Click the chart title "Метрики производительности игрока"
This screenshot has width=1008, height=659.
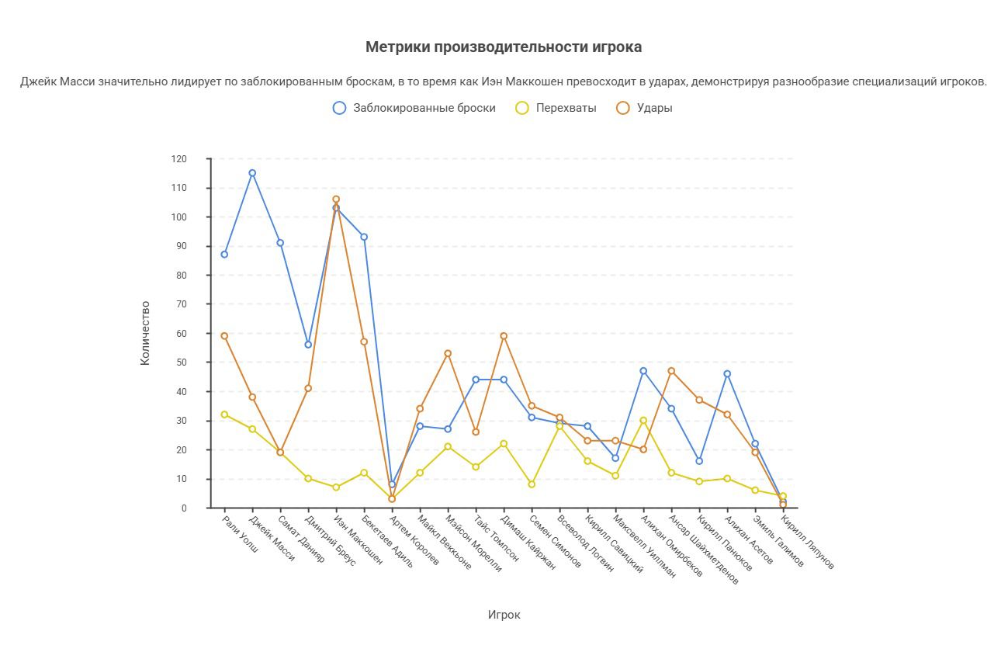pyautogui.click(x=504, y=47)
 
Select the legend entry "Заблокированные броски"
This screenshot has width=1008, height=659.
pyautogui.click(x=424, y=108)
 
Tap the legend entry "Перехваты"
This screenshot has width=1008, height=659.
pyautogui.click(x=566, y=108)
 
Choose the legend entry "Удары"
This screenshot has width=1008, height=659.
pyautogui.click(x=654, y=108)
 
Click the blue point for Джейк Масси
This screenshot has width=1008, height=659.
pyautogui.click(x=252, y=173)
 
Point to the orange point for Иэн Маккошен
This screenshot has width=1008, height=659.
pyautogui.click(x=336, y=199)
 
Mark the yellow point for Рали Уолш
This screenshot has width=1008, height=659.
pyautogui.click(x=224, y=414)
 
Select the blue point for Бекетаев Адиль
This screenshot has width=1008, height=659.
pyautogui.click(x=364, y=237)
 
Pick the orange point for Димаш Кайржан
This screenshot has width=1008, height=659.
pyautogui.click(x=504, y=336)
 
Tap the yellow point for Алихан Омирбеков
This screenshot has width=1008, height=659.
pyautogui.click(x=643, y=421)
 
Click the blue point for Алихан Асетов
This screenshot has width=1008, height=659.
pyautogui.click(x=727, y=374)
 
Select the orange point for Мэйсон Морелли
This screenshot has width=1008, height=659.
pyautogui.click(x=448, y=354)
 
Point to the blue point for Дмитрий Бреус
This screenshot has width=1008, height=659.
pyautogui.click(x=308, y=345)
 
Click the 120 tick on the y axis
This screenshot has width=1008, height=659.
pyautogui.click(x=179, y=159)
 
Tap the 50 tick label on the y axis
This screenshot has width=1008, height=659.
pyautogui.click(x=179, y=362)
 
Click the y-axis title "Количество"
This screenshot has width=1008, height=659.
pyautogui.click(x=145, y=333)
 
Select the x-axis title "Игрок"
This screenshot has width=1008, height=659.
pyautogui.click(x=504, y=615)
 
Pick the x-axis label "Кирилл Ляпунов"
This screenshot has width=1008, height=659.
pyautogui.click(x=807, y=542)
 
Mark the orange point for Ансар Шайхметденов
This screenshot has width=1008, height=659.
pyautogui.click(x=671, y=371)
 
